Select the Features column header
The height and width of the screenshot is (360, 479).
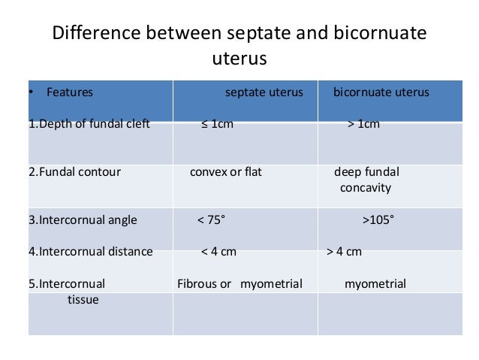pos(69,93)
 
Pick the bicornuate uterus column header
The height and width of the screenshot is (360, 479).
pos(381,93)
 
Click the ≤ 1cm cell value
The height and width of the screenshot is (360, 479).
pos(217,124)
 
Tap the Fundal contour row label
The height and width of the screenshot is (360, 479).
pos(74,172)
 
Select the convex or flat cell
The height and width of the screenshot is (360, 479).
pos(225,172)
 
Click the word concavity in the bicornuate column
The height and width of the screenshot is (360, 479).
pos(366,187)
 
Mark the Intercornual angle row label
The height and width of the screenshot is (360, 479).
pos(83,220)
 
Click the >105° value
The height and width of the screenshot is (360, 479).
pos(378,220)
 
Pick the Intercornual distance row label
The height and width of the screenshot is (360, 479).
pos(90,252)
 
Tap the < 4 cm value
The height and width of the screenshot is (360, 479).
pos(218,252)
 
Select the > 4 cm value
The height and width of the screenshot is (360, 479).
pos(345,252)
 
